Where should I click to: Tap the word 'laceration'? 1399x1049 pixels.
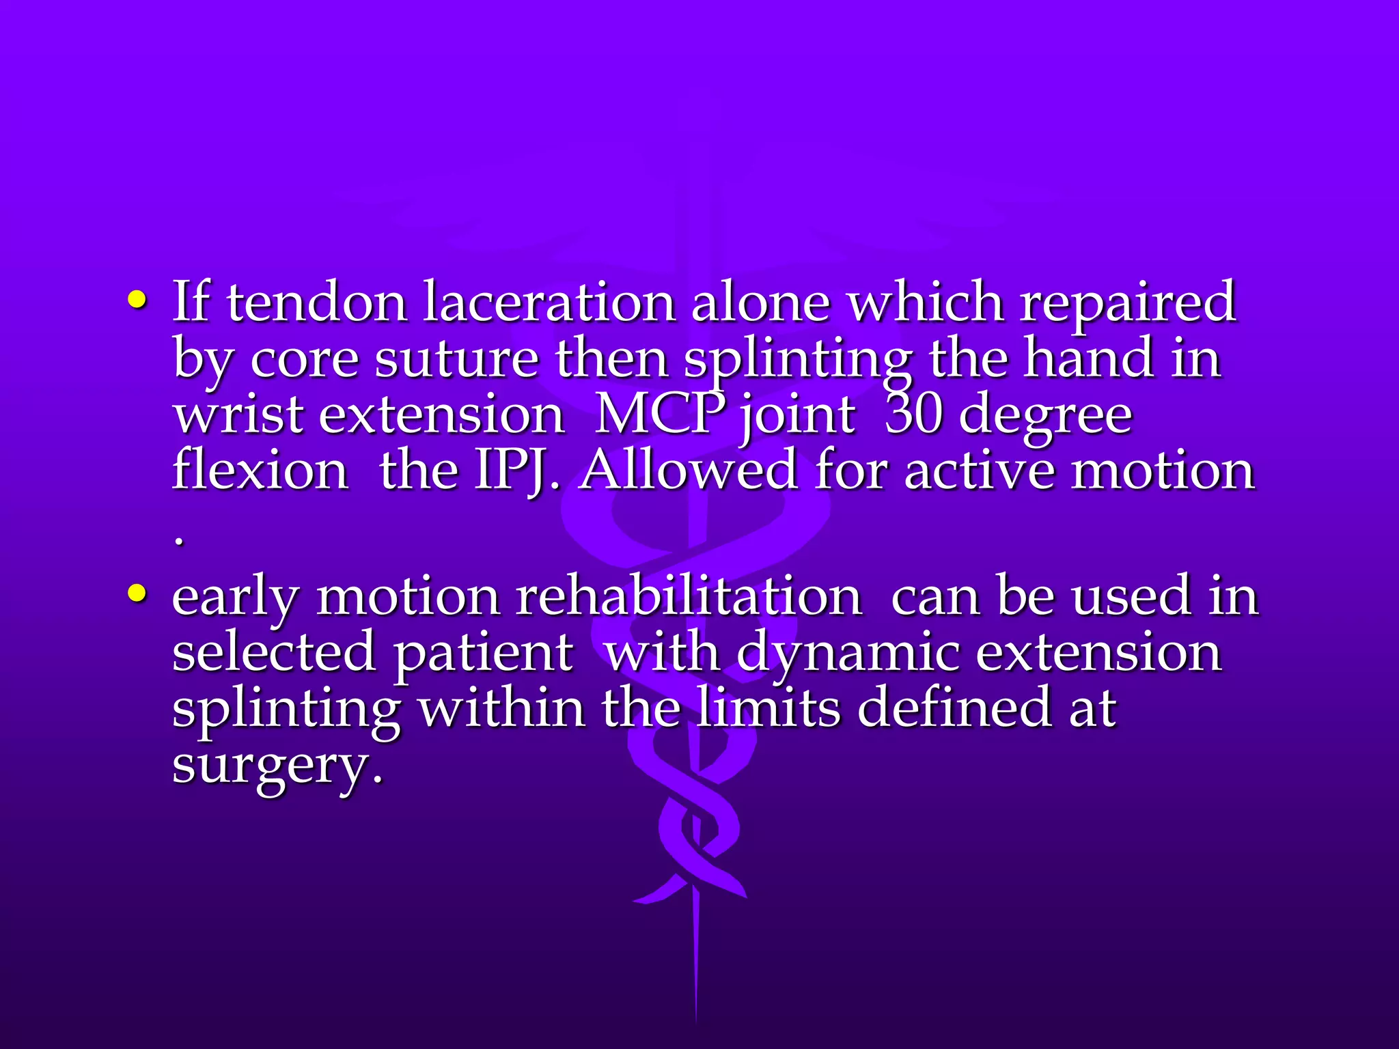tap(549, 302)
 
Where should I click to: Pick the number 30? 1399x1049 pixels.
tap(913, 415)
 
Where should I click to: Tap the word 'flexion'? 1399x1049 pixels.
tap(260, 471)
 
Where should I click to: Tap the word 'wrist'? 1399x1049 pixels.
tap(238, 415)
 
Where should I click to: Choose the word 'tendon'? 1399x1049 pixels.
tap(317, 302)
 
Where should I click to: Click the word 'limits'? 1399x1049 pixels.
tap(769, 708)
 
